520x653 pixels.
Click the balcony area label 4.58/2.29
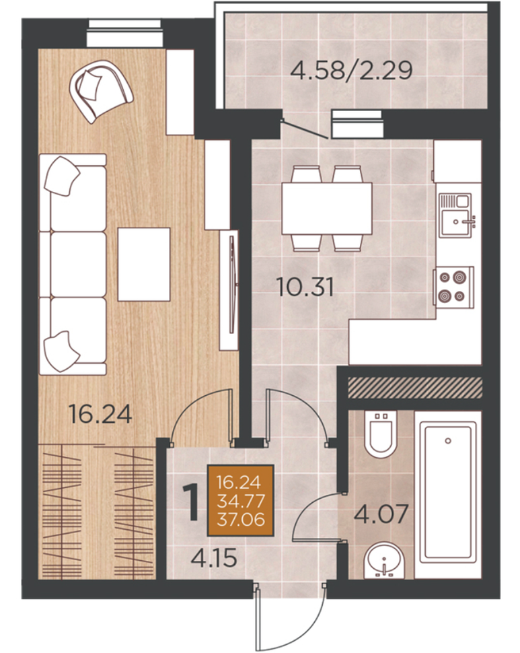351,70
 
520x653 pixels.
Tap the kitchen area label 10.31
305,287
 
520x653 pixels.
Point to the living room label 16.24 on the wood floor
100,414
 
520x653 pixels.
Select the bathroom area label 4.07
381,514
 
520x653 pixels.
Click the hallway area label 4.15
214,557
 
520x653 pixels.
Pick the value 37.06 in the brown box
240,519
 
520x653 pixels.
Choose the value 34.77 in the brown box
240,501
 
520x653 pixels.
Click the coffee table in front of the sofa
144,264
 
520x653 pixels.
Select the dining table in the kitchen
326,208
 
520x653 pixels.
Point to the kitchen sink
456,215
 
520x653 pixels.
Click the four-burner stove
453,287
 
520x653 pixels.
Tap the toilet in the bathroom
381,432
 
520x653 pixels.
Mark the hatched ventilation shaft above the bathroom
414,387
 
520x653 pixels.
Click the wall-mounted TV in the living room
233,284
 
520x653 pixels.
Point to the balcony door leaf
304,129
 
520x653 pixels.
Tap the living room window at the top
125,32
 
